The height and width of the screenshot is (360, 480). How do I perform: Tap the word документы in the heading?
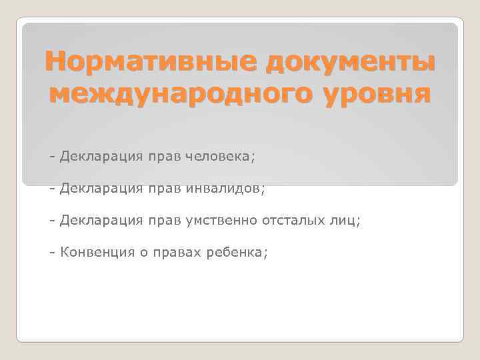(x=349, y=63)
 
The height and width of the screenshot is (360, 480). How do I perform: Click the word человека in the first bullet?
(x=219, y=157)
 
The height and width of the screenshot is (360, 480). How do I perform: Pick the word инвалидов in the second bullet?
(x=224, y=189)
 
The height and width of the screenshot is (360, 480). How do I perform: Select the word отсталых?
(x=293, y=221)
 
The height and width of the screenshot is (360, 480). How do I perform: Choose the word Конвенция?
(x=99, y=253)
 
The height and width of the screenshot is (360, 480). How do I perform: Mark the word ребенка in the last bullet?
(x=240, y=253)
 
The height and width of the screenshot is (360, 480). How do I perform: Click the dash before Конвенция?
(x=52, y=253)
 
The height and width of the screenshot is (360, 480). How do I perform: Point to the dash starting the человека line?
(x=52, y=157)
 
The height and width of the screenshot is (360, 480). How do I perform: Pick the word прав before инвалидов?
(x=163, y=189)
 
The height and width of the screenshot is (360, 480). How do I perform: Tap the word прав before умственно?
(x=163, y=221)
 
